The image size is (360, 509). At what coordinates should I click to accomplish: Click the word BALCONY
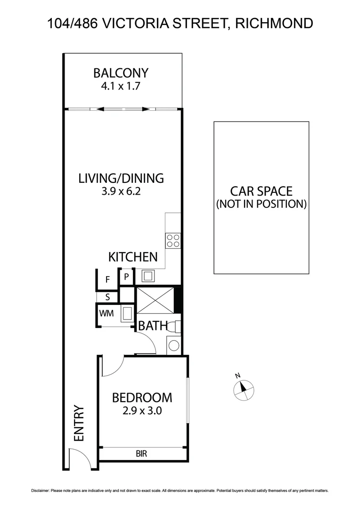pos(121,73)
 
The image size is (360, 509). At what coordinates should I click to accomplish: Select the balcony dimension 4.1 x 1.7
pos(121,86)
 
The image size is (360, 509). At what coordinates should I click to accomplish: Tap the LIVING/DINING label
pos(121,178)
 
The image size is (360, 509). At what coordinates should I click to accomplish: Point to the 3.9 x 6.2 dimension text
pos(121,191)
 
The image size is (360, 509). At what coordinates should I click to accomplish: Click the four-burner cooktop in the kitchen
pos(172,241)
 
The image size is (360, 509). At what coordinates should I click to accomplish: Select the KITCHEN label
pos(133,257)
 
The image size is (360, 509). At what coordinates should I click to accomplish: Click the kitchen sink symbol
pos(148,276)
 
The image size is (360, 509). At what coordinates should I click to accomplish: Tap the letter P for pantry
pos(126,277)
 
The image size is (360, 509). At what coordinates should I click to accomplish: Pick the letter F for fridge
pos(107,279)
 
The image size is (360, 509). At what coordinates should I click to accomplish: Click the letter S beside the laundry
pos(107,297)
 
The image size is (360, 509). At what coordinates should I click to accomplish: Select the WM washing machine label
pos(106,313)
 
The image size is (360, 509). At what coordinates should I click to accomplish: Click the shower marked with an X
pos(155,299)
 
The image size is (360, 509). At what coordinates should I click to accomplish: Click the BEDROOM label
pos(142,398)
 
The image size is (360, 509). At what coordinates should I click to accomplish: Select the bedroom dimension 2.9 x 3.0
pos(142,410)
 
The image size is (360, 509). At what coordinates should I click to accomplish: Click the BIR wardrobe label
pos(142,454)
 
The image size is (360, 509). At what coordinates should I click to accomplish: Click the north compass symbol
pos(244,388)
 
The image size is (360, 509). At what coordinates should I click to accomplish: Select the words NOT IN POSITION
pos(262,204)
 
